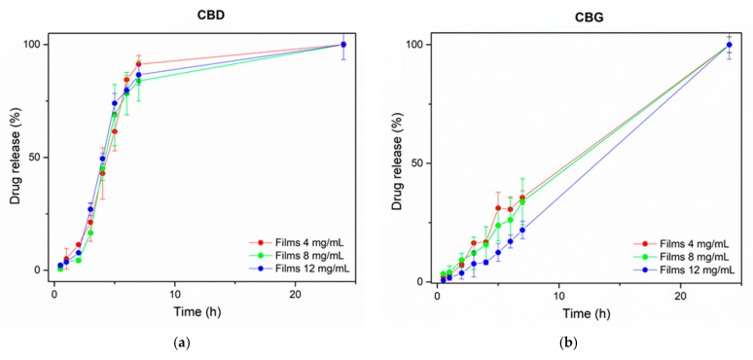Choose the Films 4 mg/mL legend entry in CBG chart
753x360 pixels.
tap(689, 243)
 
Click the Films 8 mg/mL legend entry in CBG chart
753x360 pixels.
tap(689, 256)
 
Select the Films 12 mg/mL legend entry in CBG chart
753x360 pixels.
tap(691, 270)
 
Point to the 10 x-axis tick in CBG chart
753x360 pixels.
tap(558, 295)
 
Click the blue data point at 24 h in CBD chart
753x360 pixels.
tap(343, 45)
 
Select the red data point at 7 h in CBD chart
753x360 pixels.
tap(139, 64)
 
